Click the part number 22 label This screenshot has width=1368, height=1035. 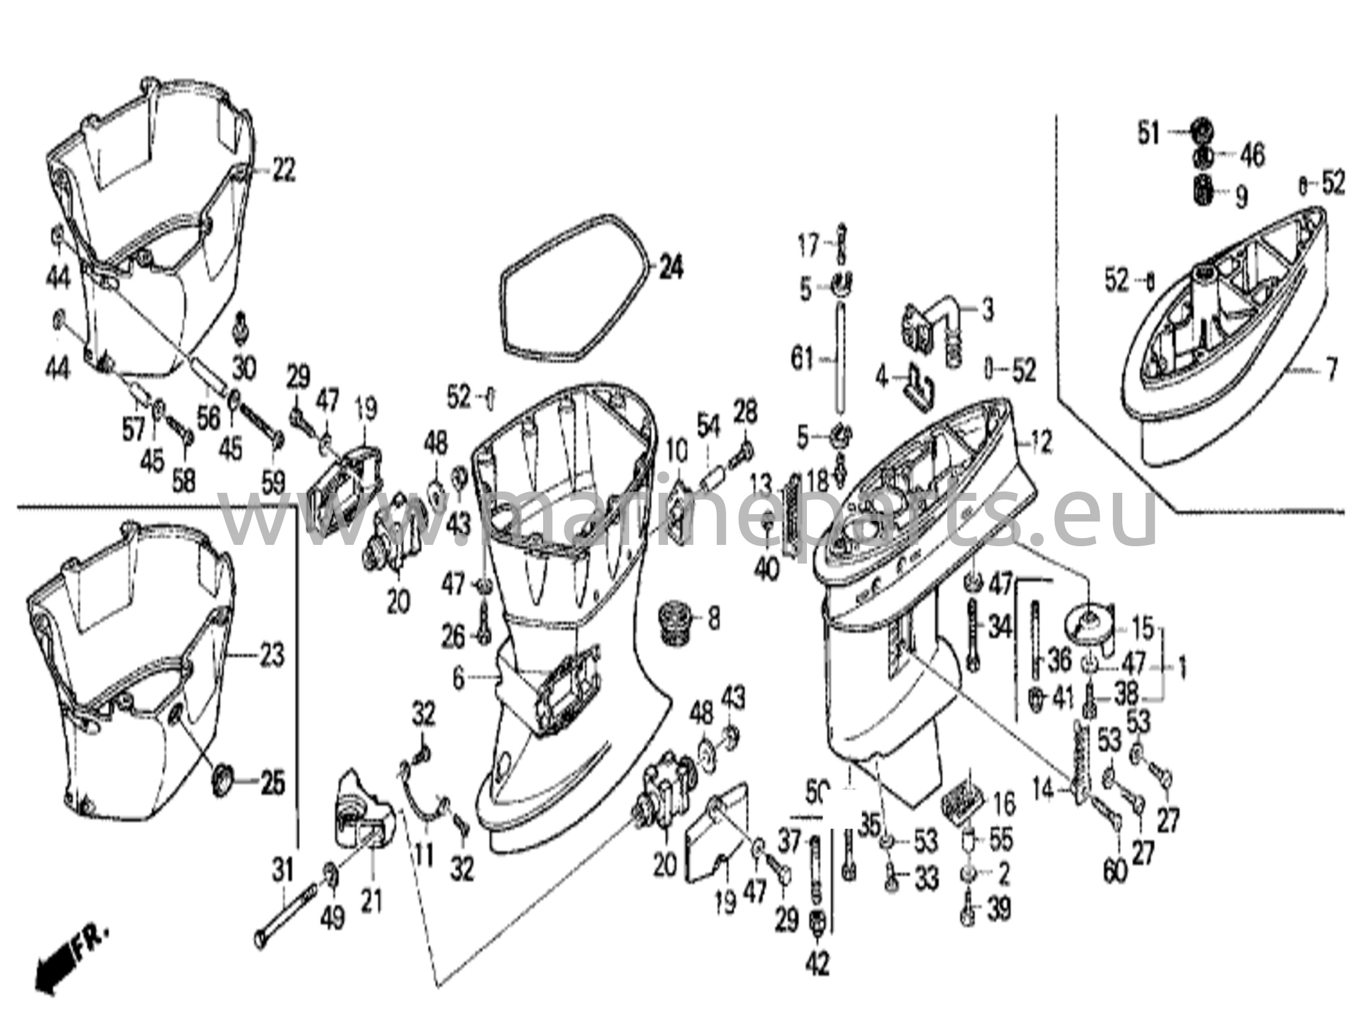click(x=283, y=171)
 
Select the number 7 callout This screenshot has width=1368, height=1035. click(x=1331, y=370)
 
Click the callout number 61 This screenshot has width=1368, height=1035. click(x=802, y=360)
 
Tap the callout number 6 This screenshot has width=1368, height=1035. click(x=458, y=679)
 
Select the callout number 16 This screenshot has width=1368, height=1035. click(x=1004, y=803)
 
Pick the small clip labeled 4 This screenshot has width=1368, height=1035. click(x=918, y=387)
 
